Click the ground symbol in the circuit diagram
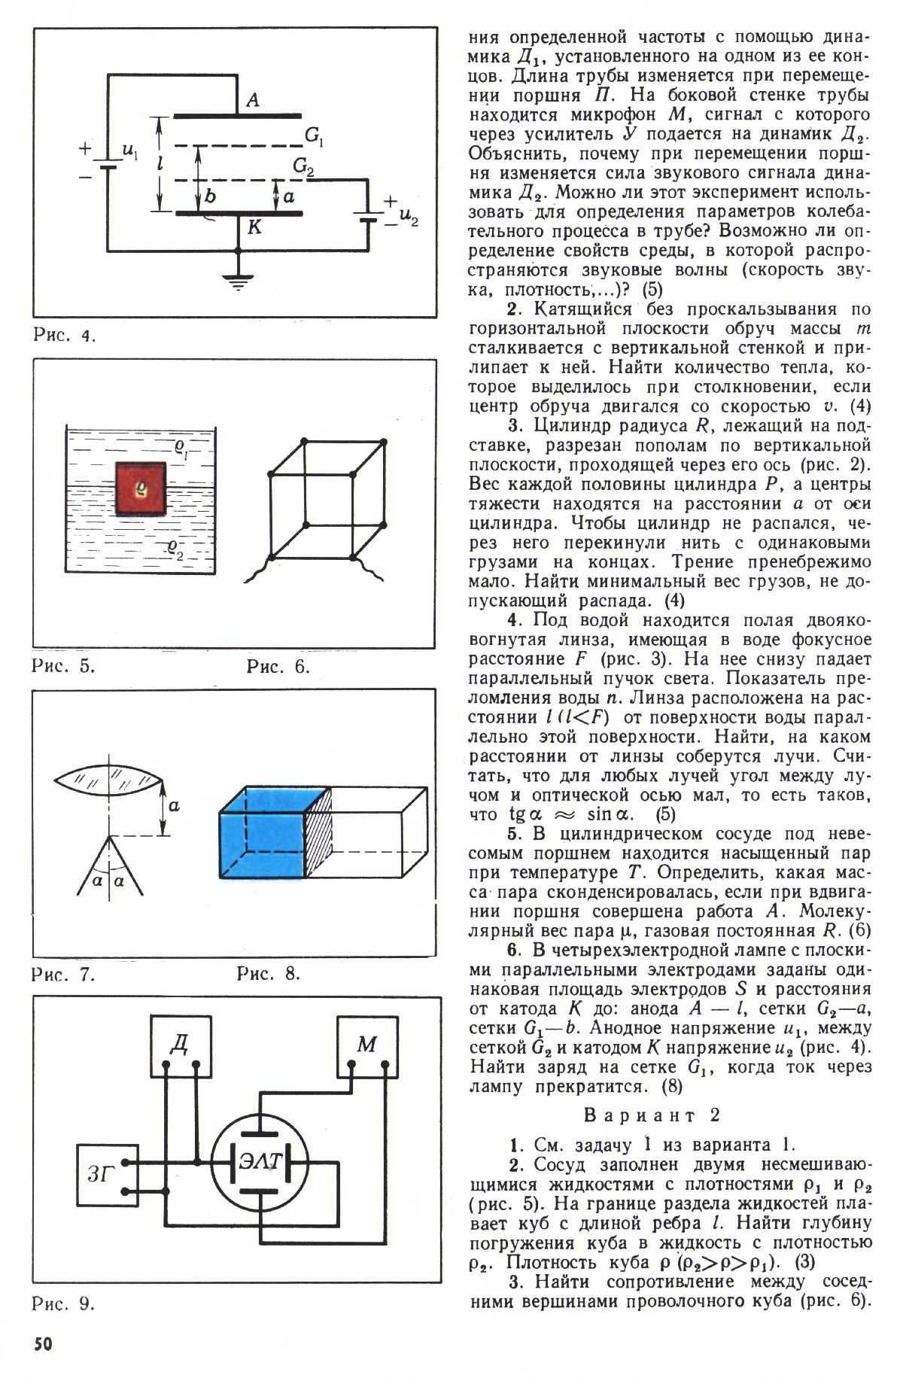[238, 281]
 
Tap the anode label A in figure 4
[253, 100]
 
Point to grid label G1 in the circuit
[314, 136]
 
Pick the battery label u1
[129, 153]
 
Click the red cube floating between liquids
[141, 488]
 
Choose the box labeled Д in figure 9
[179, 1045]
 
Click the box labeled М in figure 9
[366, 1045]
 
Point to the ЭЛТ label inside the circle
[260, 1161]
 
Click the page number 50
[42, 1345]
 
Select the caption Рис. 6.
[278, 667]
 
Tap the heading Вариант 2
[652, 1115]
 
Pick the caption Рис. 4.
[65, 335]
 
